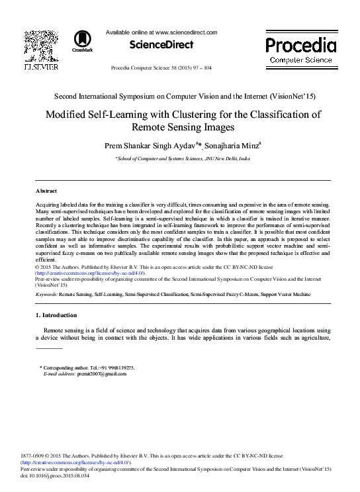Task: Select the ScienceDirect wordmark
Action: point(161,44)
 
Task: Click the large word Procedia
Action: point(300,45)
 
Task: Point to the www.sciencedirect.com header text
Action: point(185,31)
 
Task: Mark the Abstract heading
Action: point(46,189)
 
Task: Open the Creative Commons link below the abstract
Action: point(91,273)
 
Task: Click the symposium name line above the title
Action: point(180,96)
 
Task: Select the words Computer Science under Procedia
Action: point(300,60)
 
